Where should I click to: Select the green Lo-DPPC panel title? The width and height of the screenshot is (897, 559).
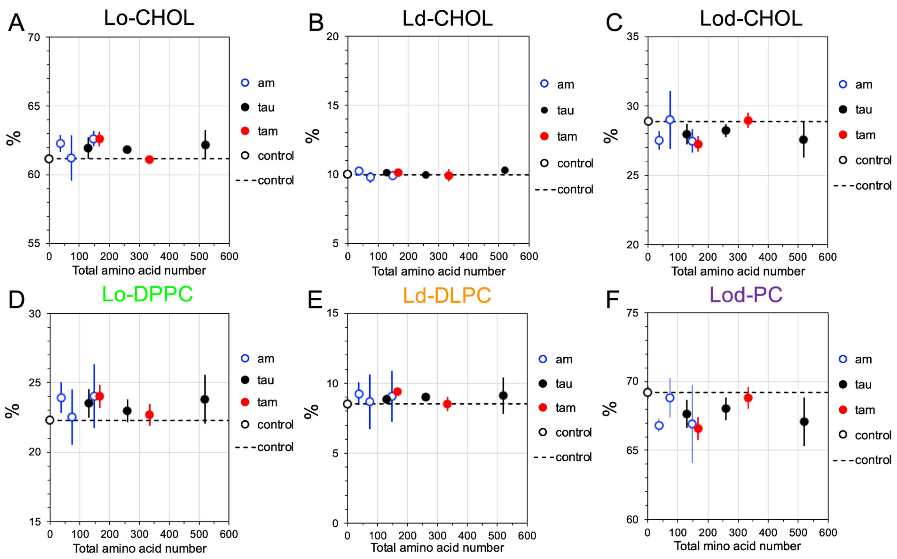point(147,294)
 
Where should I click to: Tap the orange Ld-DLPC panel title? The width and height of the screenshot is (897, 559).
point(447,295)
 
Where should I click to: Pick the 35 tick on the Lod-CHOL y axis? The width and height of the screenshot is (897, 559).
point(633,37)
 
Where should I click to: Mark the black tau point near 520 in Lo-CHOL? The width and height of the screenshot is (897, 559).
point(205,145)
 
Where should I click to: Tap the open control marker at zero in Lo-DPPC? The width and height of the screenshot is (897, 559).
point(49,420)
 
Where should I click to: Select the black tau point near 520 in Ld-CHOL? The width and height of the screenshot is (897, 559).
point(504,170)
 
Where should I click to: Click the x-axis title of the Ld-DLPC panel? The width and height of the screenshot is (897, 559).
point(437,548)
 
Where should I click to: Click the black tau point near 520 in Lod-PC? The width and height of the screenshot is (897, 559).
point(804,421)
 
